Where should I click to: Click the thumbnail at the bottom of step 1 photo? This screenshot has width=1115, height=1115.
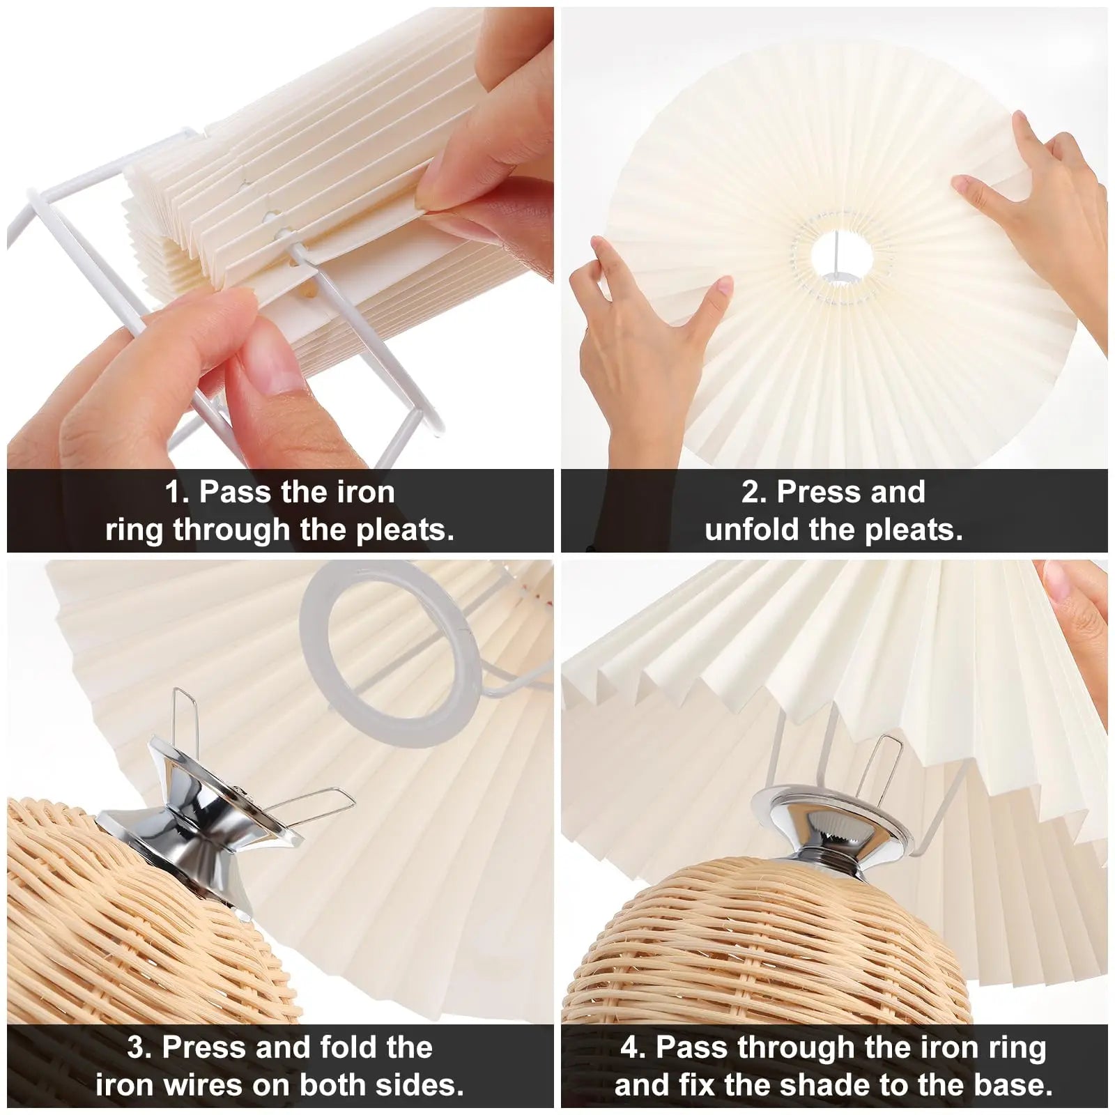[272, 362]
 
